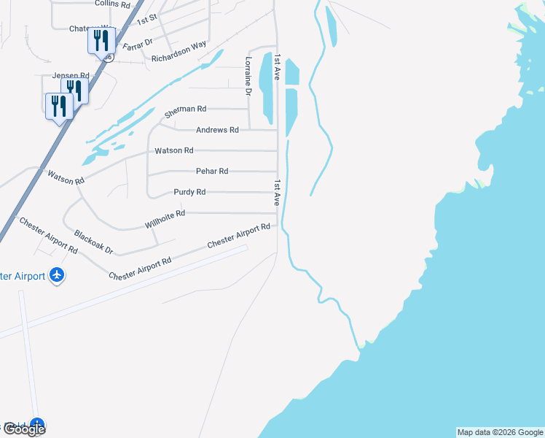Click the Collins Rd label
point(111,4)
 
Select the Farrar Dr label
point(138,44)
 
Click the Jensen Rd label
point(70,75)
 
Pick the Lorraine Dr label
point(248,77)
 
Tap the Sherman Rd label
point(185,110)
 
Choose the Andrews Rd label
point(217,130)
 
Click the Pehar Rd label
point(212,171)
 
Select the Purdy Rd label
point(189,192)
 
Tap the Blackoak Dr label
point(93,242)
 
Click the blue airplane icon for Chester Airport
point(57,275)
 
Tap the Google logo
point(24,429)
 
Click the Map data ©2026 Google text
point(500,432)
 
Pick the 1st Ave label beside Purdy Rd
point(278,191)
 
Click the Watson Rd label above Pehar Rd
point(173,150)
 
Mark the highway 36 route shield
point(108,56)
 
